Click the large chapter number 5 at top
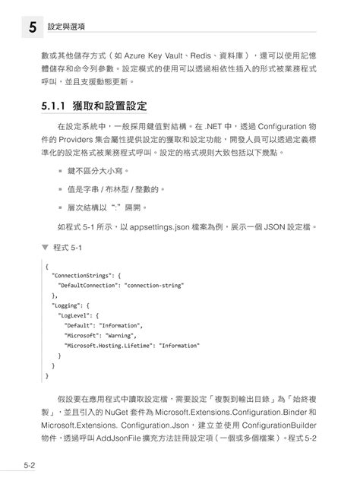coord(32,27)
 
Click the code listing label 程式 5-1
coord(72,248)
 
